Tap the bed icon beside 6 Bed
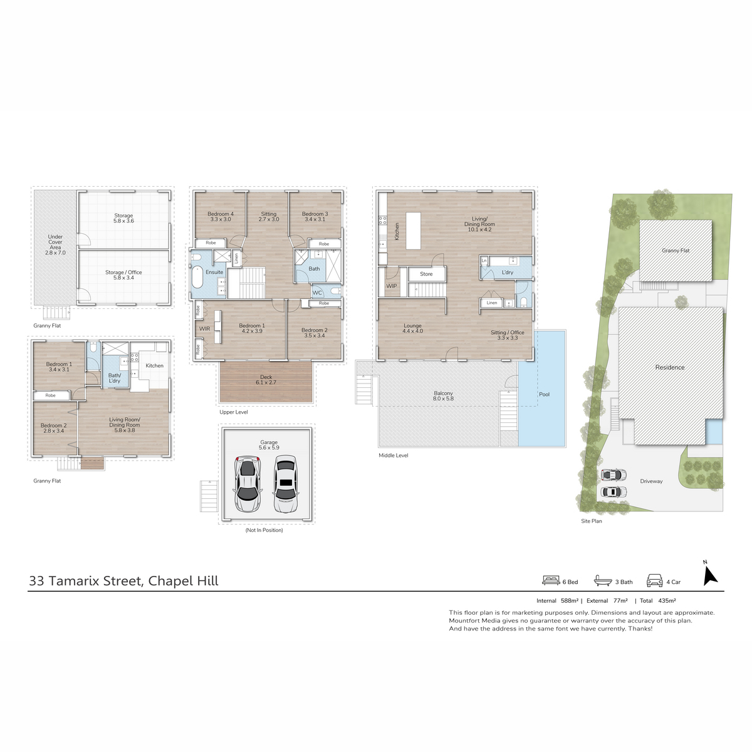(551, 581)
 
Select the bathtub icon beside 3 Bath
(602, 581)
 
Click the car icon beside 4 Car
(654, 581)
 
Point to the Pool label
(544, 394)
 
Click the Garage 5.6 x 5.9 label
(269, 445)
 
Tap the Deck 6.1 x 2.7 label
(266, 380)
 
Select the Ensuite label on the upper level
(214, 272)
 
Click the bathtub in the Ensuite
(197, 278)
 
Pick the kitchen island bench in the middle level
(413, 231)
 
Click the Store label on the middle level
(426, 274)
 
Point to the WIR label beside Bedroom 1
(204, 328)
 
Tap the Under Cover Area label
(55, 244)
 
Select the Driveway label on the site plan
(651, 481)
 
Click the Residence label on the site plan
(670, 367)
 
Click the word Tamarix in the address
(74, 581)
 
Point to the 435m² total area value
(667, 601)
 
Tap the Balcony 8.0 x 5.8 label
(443, 395)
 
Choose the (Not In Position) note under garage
(264, 530)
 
